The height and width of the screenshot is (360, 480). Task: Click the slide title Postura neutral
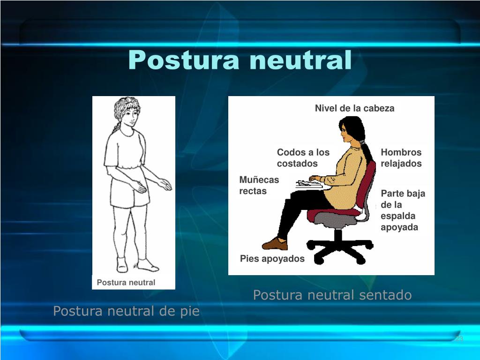[240, 60]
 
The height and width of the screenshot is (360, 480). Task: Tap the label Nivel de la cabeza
[354, 108]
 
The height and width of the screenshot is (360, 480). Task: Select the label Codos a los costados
[303, 158]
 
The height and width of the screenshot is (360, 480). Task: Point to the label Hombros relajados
[401, 158]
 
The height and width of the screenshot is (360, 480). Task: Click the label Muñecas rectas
[259, 185]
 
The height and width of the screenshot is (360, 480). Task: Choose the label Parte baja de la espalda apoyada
[403, 210]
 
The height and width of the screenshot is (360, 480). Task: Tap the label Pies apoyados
[272, 258]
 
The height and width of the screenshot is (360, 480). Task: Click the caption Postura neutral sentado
[332, 295]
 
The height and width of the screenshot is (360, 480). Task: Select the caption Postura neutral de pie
[126, 311]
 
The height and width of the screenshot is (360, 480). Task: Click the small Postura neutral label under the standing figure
[126, 282]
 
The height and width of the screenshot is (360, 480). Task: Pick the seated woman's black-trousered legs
[295, 211]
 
